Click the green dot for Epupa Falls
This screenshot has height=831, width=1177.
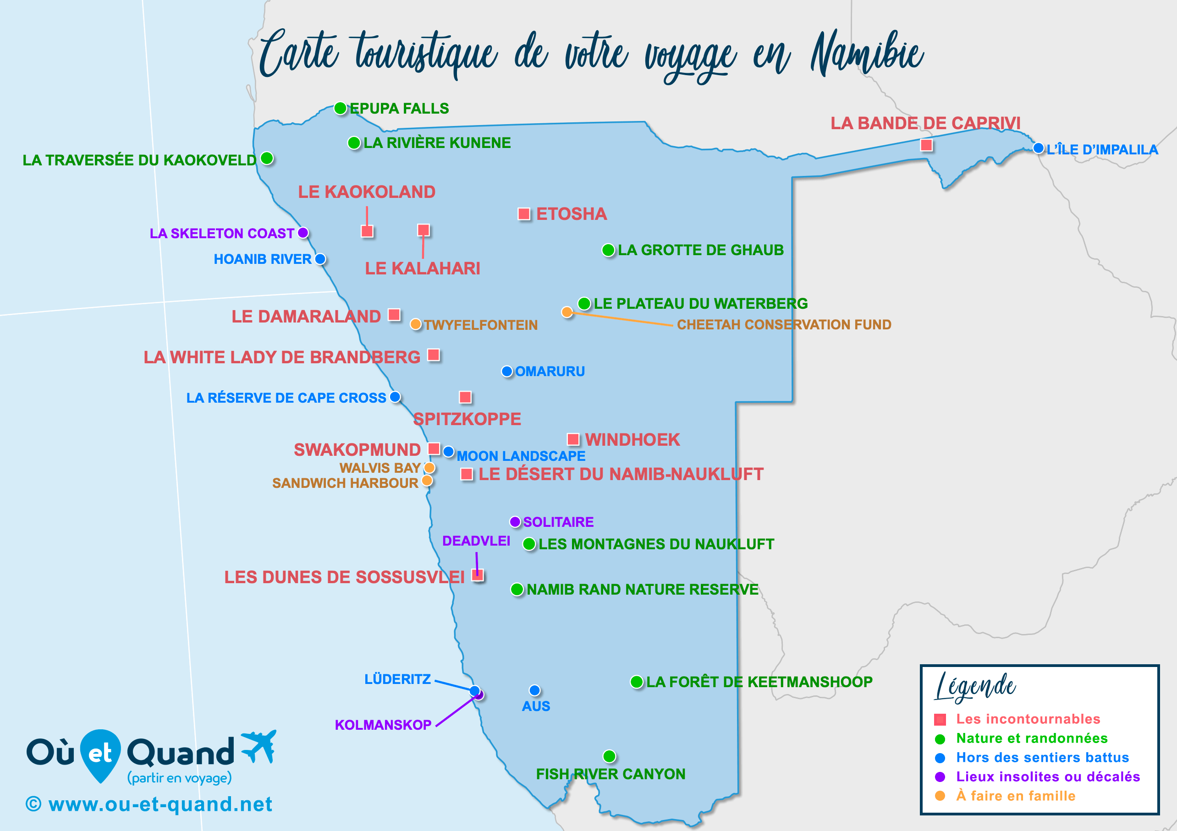(x=341, y=108)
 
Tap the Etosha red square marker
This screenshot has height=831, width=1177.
(x=524, y=213)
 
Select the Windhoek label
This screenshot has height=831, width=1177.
(x=632, y=440)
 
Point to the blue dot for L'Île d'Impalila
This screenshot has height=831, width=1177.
(x=1039, y=148)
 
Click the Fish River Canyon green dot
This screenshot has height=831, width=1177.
(x=609, y=756)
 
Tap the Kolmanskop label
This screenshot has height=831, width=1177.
(x=383, y=725)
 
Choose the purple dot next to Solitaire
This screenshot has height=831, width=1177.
(x=515, y=522)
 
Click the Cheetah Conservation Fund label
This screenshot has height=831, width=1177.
(x=784, y=324)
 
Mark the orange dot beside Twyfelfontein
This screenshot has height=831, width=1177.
(x=416, y=324)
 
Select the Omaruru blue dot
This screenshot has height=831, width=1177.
(x=507, y=371)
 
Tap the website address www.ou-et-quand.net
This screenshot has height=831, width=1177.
(x=160, y=804)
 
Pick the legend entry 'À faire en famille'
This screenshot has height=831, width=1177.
(x=1016, y=796)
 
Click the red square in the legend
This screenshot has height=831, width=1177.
(x=940, y=719)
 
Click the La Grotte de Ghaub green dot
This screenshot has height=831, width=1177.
(x=608, y=250)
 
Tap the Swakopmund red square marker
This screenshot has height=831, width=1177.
(x=434, y=449)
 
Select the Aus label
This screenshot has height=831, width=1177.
(x=536, y=706)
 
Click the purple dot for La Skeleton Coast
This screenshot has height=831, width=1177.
(x=303, y=233)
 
